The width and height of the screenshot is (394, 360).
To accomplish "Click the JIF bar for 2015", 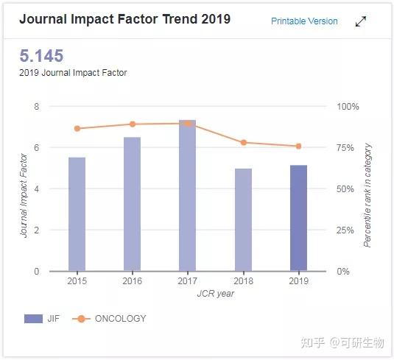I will [x=77, y=213].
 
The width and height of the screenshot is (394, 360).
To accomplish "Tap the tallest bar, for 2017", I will [x=188, y=195].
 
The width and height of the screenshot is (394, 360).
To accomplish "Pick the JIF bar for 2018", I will [x=243, y=219].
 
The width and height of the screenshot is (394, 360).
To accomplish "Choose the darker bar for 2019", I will [x=298, y=217].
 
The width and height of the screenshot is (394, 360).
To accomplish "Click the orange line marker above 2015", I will [x=77, y=129].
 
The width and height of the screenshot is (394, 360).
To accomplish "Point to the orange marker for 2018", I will [x=243, y=142].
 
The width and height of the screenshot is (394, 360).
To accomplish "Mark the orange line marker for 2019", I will [x=298, y=147].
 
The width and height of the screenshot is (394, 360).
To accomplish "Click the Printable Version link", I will [x=304, y=21].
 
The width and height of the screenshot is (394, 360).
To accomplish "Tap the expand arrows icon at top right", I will [x=361, y=21].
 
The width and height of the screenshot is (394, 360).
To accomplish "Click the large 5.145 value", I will [x=41, y=56].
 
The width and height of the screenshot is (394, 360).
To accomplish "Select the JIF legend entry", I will [x=43, y=319].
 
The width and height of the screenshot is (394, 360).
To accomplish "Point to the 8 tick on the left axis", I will [x=36, y=107].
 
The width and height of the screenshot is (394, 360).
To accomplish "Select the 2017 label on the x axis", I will [x=188, y=280].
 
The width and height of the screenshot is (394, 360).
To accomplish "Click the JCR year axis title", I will [x=216, y=293].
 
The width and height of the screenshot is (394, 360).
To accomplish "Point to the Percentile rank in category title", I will [x=368, y=195].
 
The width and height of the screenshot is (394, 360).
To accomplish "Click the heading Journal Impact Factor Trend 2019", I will [x=124, y=20].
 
